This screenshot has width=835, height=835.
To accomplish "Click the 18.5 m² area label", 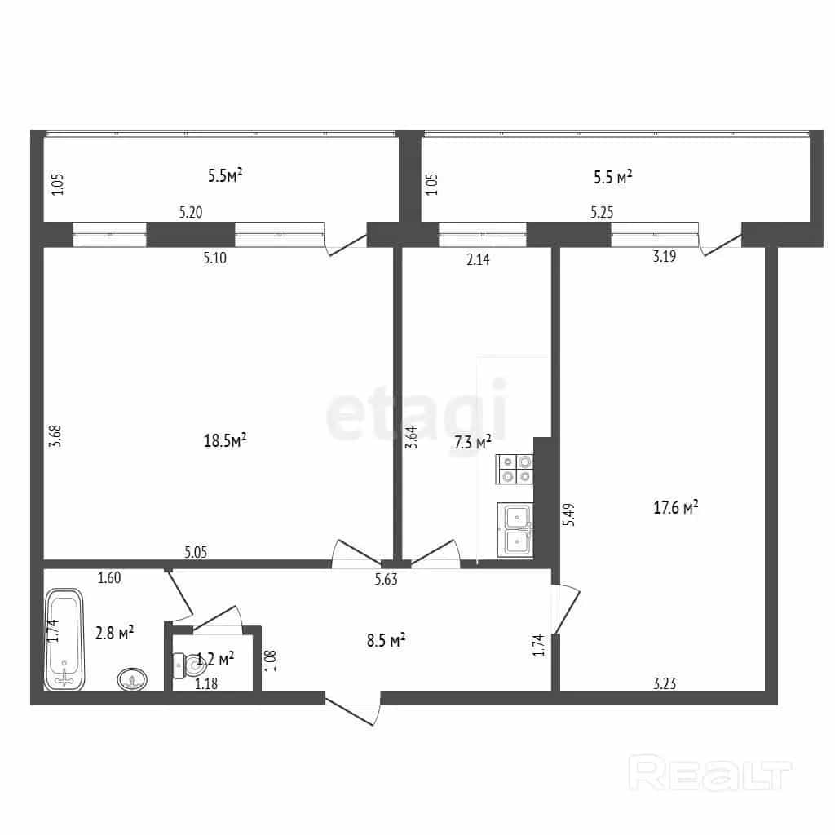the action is pyautogui.click(x=225, y=440).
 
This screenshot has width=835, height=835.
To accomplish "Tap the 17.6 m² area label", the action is pyautogui.click(x=676, y=507).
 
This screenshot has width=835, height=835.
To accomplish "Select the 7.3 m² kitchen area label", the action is pyautogui.click(x=472, y=441).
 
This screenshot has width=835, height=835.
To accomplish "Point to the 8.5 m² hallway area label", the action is pyautogui.click(x=386, y=639).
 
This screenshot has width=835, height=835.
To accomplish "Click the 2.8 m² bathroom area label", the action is pyautogui.click(x=114, y=633).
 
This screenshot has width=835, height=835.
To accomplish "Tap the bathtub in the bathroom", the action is pyautogui.click(x=64, y=639).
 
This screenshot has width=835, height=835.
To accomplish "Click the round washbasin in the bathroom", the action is pyautogui.click(x=132, y=679).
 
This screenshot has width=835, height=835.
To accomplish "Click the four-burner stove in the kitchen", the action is pyautogui.click(x=514, y=469).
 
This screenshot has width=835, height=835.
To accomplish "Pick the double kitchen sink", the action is pyautogui.click(x=515, y=530).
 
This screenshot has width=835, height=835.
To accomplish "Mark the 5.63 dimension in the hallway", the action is pyautogui.click(x=386, y=580).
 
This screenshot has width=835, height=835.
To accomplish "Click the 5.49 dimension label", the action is pyautogui.click(x=569, y=515).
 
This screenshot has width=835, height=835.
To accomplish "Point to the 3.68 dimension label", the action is pyautogui.click(x=55, y=436).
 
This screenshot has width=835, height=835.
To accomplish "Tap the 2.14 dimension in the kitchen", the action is pyautogui.click(x=478, y=259).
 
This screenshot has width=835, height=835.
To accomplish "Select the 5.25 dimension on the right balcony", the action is pyautogui.click(x=602, y=212).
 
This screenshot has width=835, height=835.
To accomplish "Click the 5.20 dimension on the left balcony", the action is pyautogui.click(x=191, y=212).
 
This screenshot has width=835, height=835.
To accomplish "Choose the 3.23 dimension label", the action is pyautogui.click(x=665, y=683).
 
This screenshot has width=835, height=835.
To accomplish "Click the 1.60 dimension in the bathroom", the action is pyautogui.click(x=109, y=577).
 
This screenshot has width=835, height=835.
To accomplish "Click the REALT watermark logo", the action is pyautogui.click(x=710, y=773).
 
